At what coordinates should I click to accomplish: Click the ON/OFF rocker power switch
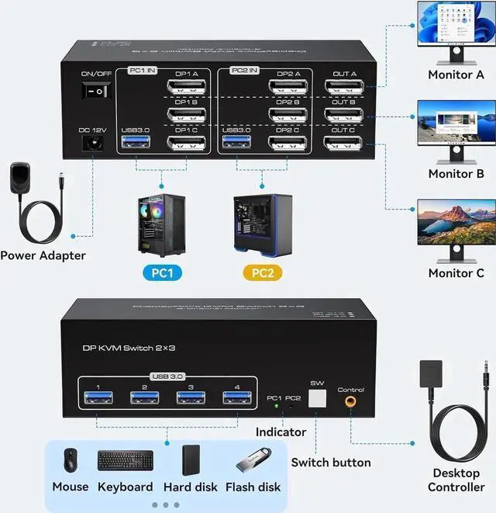coord(97,91)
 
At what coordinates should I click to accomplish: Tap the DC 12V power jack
coord(94,143)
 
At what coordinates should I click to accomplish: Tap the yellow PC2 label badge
coord(263,273)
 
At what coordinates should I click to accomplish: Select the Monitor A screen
coord(456,26)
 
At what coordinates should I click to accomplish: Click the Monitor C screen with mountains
coord(456,223)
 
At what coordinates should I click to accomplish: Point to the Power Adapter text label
coord(43,255)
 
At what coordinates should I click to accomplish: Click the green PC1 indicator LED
coord(275,406)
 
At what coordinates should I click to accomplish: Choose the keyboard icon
coord(125,460)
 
